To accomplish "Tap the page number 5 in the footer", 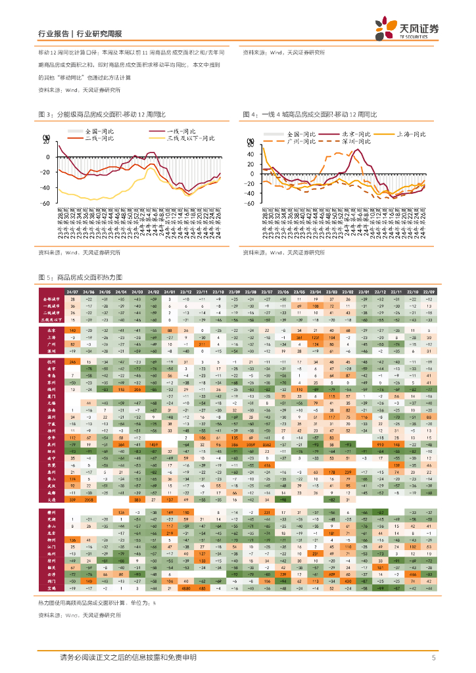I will pos(434,657).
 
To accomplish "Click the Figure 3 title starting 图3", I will pos(102,114).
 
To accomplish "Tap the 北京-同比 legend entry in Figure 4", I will pos(356,134).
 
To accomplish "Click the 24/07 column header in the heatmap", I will pos(72,291).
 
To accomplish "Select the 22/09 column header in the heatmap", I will pos(428,291).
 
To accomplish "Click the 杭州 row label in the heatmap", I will pos(50,362).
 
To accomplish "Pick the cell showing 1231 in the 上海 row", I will pos(316,336).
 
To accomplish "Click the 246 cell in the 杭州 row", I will pos(72,362).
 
